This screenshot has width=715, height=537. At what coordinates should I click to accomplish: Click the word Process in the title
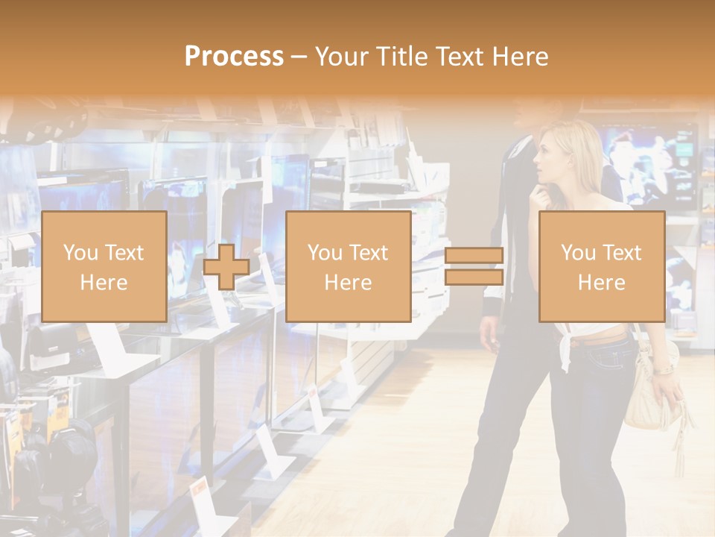pyautogui.click(x=234, y=56)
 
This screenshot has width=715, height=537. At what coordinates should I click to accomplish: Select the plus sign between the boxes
pyautogui.click(x=226, y=267)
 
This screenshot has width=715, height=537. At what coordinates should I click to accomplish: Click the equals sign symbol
pyautogui.click(x=474, y=266)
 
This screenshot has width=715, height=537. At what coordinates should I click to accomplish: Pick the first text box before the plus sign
pyautogui.click(x=104, y=266)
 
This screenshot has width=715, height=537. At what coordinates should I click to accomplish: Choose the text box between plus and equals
pyautogui.click(x=348, y=266)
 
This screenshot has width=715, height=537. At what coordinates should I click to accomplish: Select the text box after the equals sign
pyautogui.click(x=601, y=266)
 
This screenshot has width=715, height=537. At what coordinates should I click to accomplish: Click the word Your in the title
pyautogui.click(x=340, y=56)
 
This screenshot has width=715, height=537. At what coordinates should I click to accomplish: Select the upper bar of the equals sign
pyautogui.click(x=474, y=256)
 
